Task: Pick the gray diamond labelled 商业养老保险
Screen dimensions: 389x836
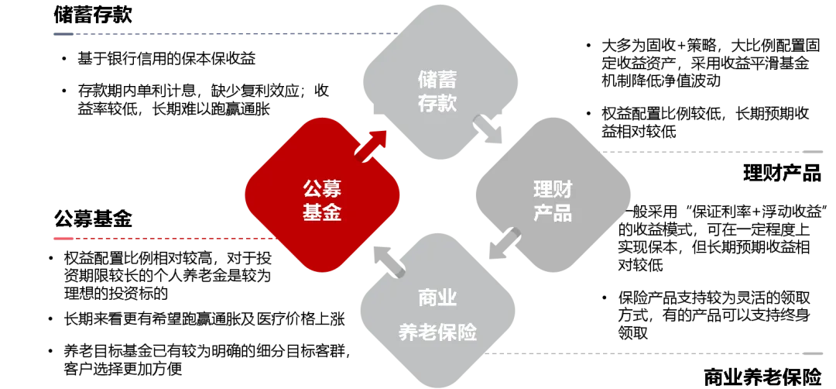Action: pos(438,314)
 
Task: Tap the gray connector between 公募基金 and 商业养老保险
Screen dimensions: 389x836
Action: pos(388,260)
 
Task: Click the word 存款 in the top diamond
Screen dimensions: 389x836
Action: pos(437,103)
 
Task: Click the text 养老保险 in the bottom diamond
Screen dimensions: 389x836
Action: pos(437,332)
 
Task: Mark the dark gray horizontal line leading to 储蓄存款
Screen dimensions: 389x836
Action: pos(217,34)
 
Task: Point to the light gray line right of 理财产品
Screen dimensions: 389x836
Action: pos(720,152)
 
